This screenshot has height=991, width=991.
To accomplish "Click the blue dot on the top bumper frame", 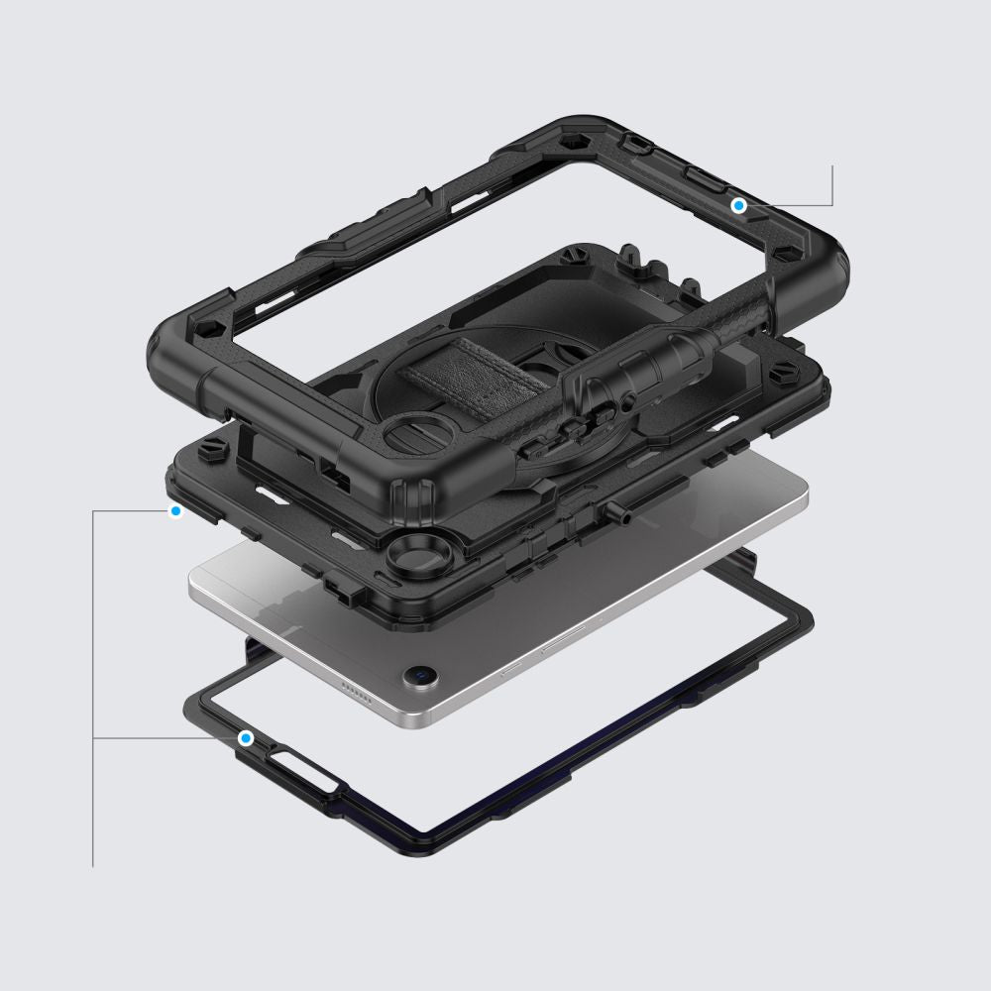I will pos(738,205).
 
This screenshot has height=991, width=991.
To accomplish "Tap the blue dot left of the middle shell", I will pos(176,511).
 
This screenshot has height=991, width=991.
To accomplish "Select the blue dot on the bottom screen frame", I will pos(245,738).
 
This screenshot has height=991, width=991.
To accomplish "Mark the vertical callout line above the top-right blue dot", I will pos(832,184).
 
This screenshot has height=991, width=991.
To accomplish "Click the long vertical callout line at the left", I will pos(93,694).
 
